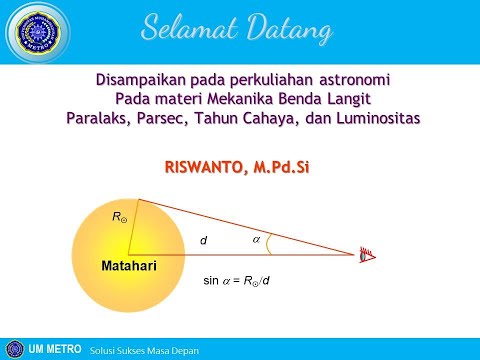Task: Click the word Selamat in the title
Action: point(200,27)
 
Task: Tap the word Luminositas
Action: point(375,118)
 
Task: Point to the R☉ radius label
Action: point(119,215)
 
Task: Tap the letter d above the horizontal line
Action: point(203,240)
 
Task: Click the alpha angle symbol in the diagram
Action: point(256,240)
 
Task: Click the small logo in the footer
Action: point(13,349)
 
